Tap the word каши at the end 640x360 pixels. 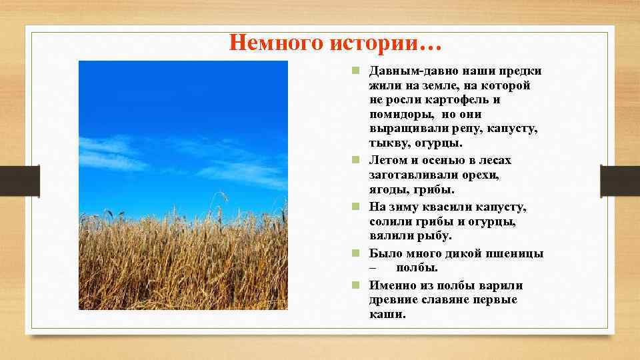coord(386,314)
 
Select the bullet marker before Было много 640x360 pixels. coord(357,253)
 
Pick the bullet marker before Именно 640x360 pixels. coord(357,285)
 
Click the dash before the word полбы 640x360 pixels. coord(373,268)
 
